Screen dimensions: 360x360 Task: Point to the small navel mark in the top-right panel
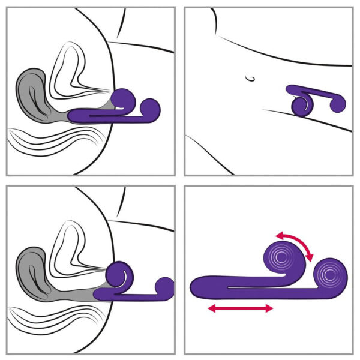coord(250,77)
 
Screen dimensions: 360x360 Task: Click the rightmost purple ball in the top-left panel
coord(152,108)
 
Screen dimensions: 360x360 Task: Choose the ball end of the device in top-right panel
coord(338,104)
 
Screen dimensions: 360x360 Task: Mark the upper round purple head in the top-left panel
coord(123,98)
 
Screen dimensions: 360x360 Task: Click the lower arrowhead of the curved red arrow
coord(310,257)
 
